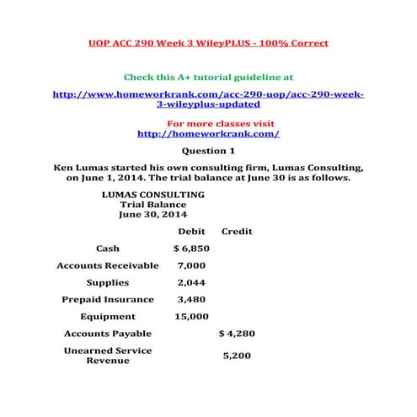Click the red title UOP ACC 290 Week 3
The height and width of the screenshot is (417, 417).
coord(208,42)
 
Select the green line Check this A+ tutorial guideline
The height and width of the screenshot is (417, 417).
coord(208,77)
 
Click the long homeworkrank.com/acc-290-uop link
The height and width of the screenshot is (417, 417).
coord(208,99)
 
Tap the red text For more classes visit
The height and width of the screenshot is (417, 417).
coord(208,123)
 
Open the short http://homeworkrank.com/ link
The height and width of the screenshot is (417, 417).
coord(208,133)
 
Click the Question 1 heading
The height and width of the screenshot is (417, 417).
coord(208,151)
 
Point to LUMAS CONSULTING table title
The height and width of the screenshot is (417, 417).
coord(152,194)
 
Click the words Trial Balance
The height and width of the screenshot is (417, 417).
coord(152,204)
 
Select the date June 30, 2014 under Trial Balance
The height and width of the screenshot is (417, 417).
coord(152,214)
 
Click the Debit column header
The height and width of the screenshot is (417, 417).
coord(191,232)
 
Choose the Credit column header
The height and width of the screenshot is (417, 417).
coord(237,232)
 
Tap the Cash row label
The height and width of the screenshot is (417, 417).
coord(108,249)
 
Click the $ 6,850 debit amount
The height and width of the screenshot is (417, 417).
coord(191,249)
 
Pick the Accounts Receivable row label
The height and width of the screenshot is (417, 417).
coord(108,265)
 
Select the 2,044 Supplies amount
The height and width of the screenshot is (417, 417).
coord(191,282)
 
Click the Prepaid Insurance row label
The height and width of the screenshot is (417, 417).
coord(108,299)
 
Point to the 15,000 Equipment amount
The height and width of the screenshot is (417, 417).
coord(191,317)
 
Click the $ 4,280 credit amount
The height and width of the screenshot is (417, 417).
coord(236,334)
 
